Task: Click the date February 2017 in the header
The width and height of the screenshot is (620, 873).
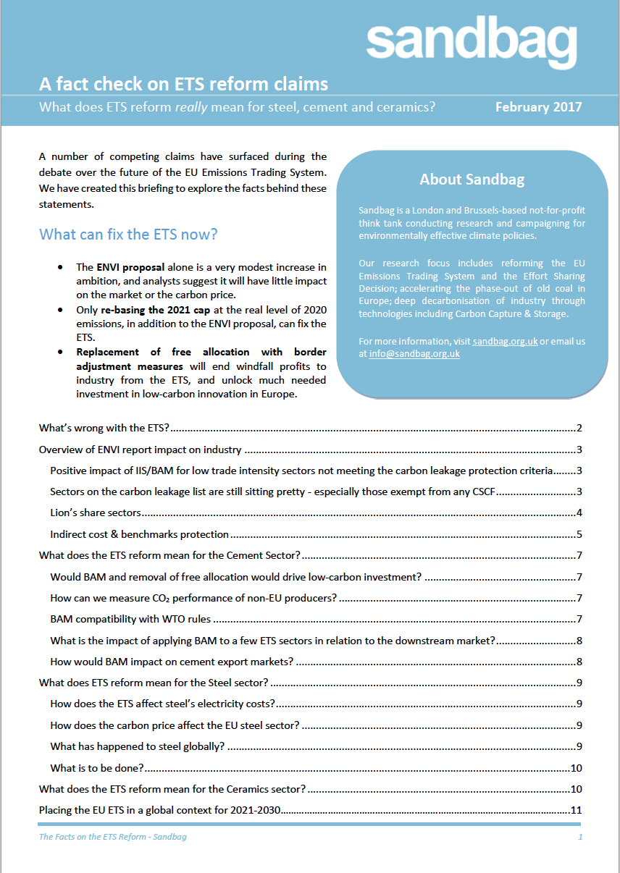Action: click(x=538, y=107)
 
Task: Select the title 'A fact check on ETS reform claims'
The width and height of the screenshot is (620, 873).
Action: click(x=183, y=84)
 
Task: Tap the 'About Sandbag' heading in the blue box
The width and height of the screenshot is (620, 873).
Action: click(x=472, y=180)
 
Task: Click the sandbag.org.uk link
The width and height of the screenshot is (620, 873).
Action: click(x=505, y=341)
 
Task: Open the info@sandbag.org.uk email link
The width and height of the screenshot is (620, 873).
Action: click(x=414, y=354)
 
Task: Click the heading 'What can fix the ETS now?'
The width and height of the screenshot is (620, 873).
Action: click(x=128, y=235)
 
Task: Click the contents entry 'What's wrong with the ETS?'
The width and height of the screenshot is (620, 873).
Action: click(x=104, y=428)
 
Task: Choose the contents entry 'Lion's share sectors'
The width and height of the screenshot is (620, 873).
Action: click(x=95, y=513)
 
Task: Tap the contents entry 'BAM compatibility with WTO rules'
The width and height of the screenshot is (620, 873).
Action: click(x=130, y=619)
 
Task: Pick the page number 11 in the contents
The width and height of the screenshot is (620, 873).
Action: click(x=577, y=810)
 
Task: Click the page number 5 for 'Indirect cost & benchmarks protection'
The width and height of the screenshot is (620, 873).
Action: click(x=579, y=534)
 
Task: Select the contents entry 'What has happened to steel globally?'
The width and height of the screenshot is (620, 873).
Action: click(x=138, y=746)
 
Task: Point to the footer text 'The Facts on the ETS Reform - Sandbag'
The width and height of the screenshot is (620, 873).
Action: click(x=112, y=837)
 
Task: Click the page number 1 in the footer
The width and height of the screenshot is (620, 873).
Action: click(x=580, y=837)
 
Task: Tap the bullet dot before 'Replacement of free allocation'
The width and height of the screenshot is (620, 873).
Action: click(x=59, y=353)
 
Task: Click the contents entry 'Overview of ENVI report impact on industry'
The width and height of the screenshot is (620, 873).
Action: click(x=140, y=450)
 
